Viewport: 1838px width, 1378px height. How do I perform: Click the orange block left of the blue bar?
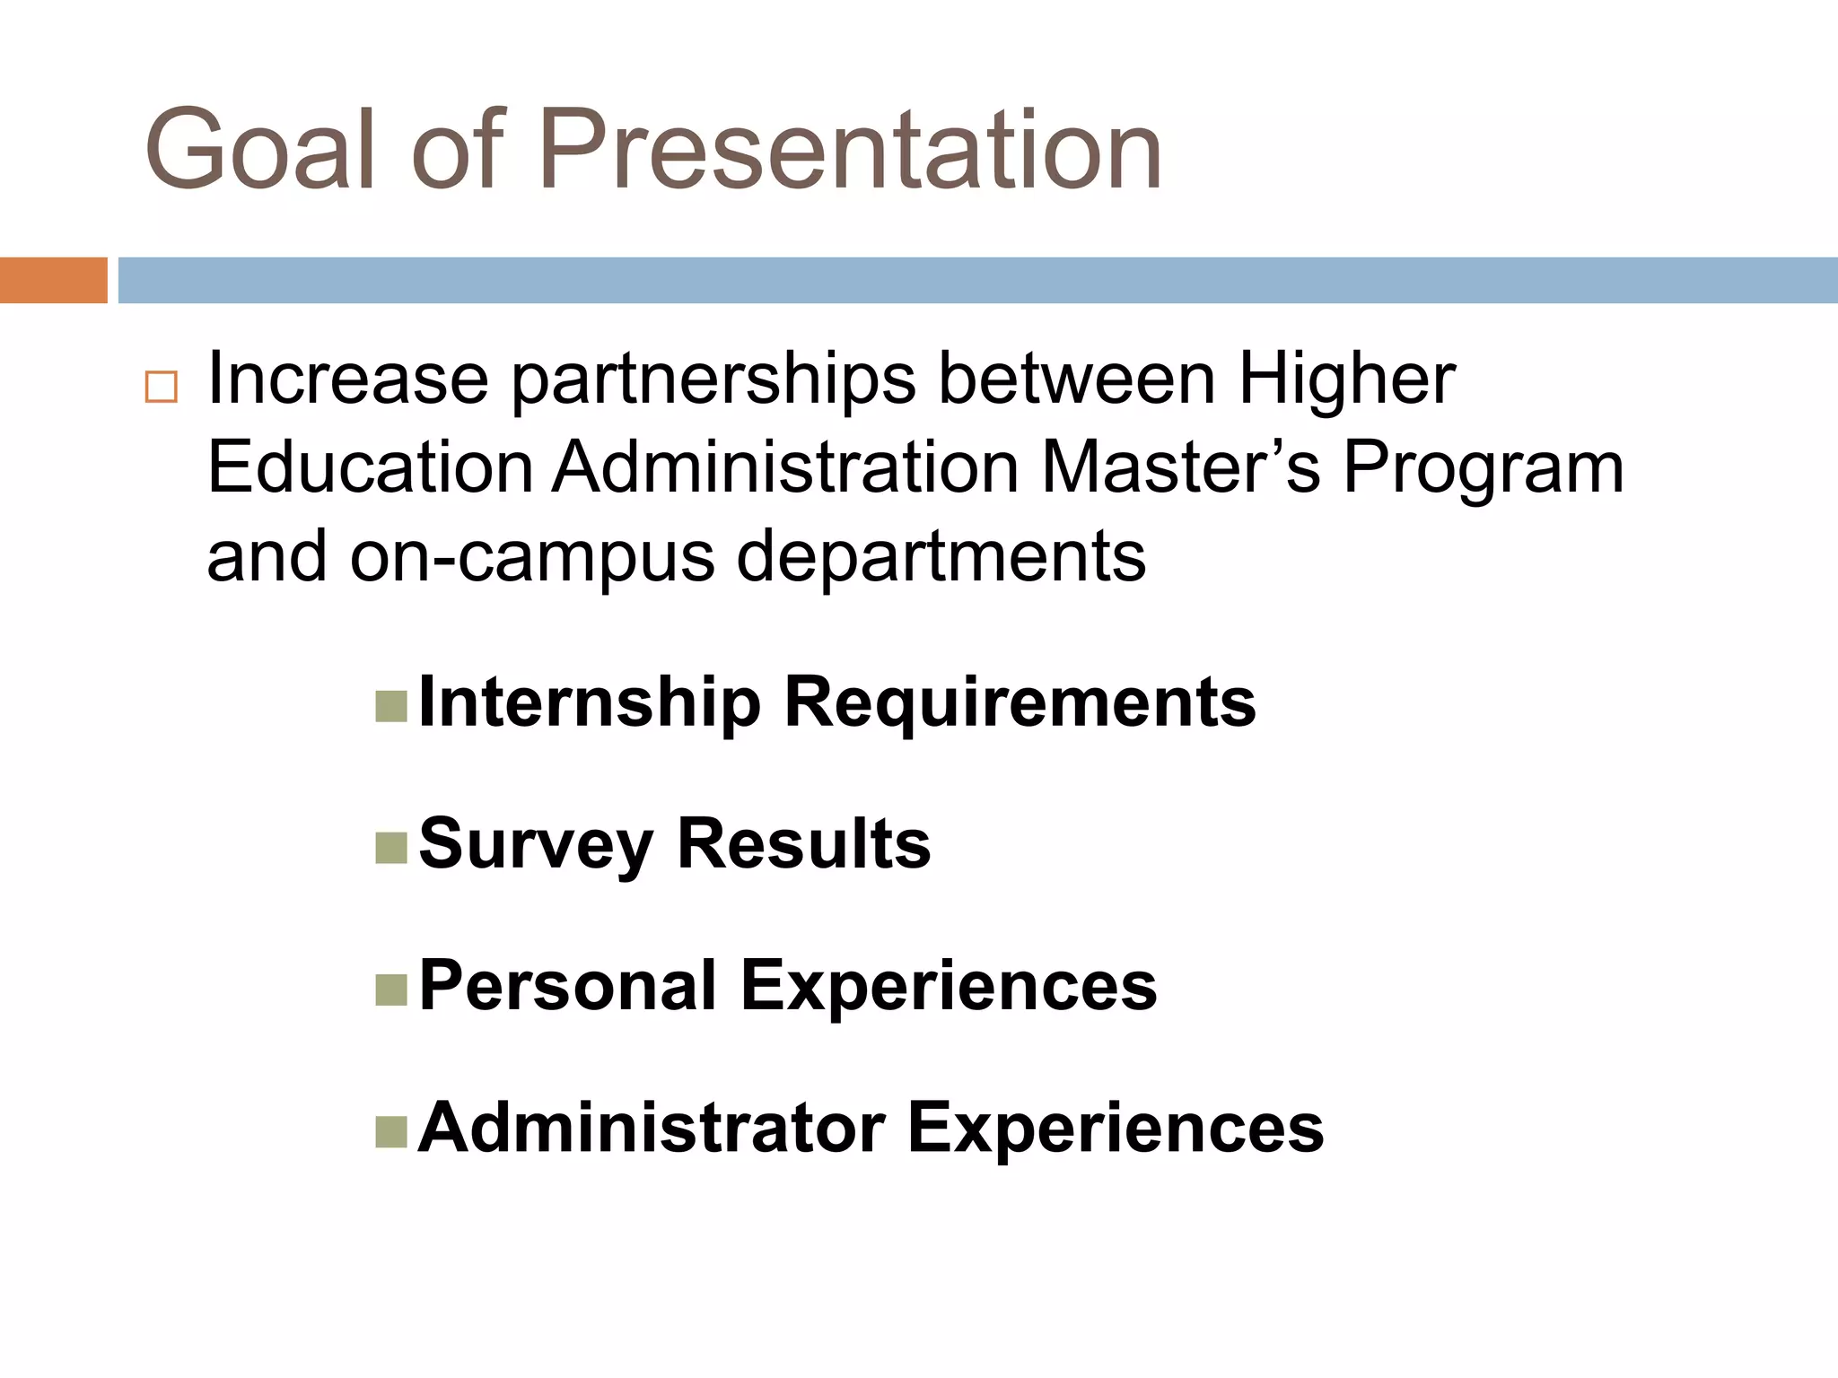click(53, 280)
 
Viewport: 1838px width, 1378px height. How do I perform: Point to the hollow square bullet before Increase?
click(162, 387)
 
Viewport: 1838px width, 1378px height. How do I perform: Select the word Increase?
click(348, 379)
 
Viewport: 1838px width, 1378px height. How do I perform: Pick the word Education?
click(371, 467)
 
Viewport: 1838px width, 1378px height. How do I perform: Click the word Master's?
click(1181, 467)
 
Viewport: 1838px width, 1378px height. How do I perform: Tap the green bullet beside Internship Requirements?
click(391, 706)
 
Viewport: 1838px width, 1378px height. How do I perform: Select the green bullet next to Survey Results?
click(391, 848)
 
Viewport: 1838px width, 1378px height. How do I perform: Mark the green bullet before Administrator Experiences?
click(391, 1131)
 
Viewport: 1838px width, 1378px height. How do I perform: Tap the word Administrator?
click(652, 1128)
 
